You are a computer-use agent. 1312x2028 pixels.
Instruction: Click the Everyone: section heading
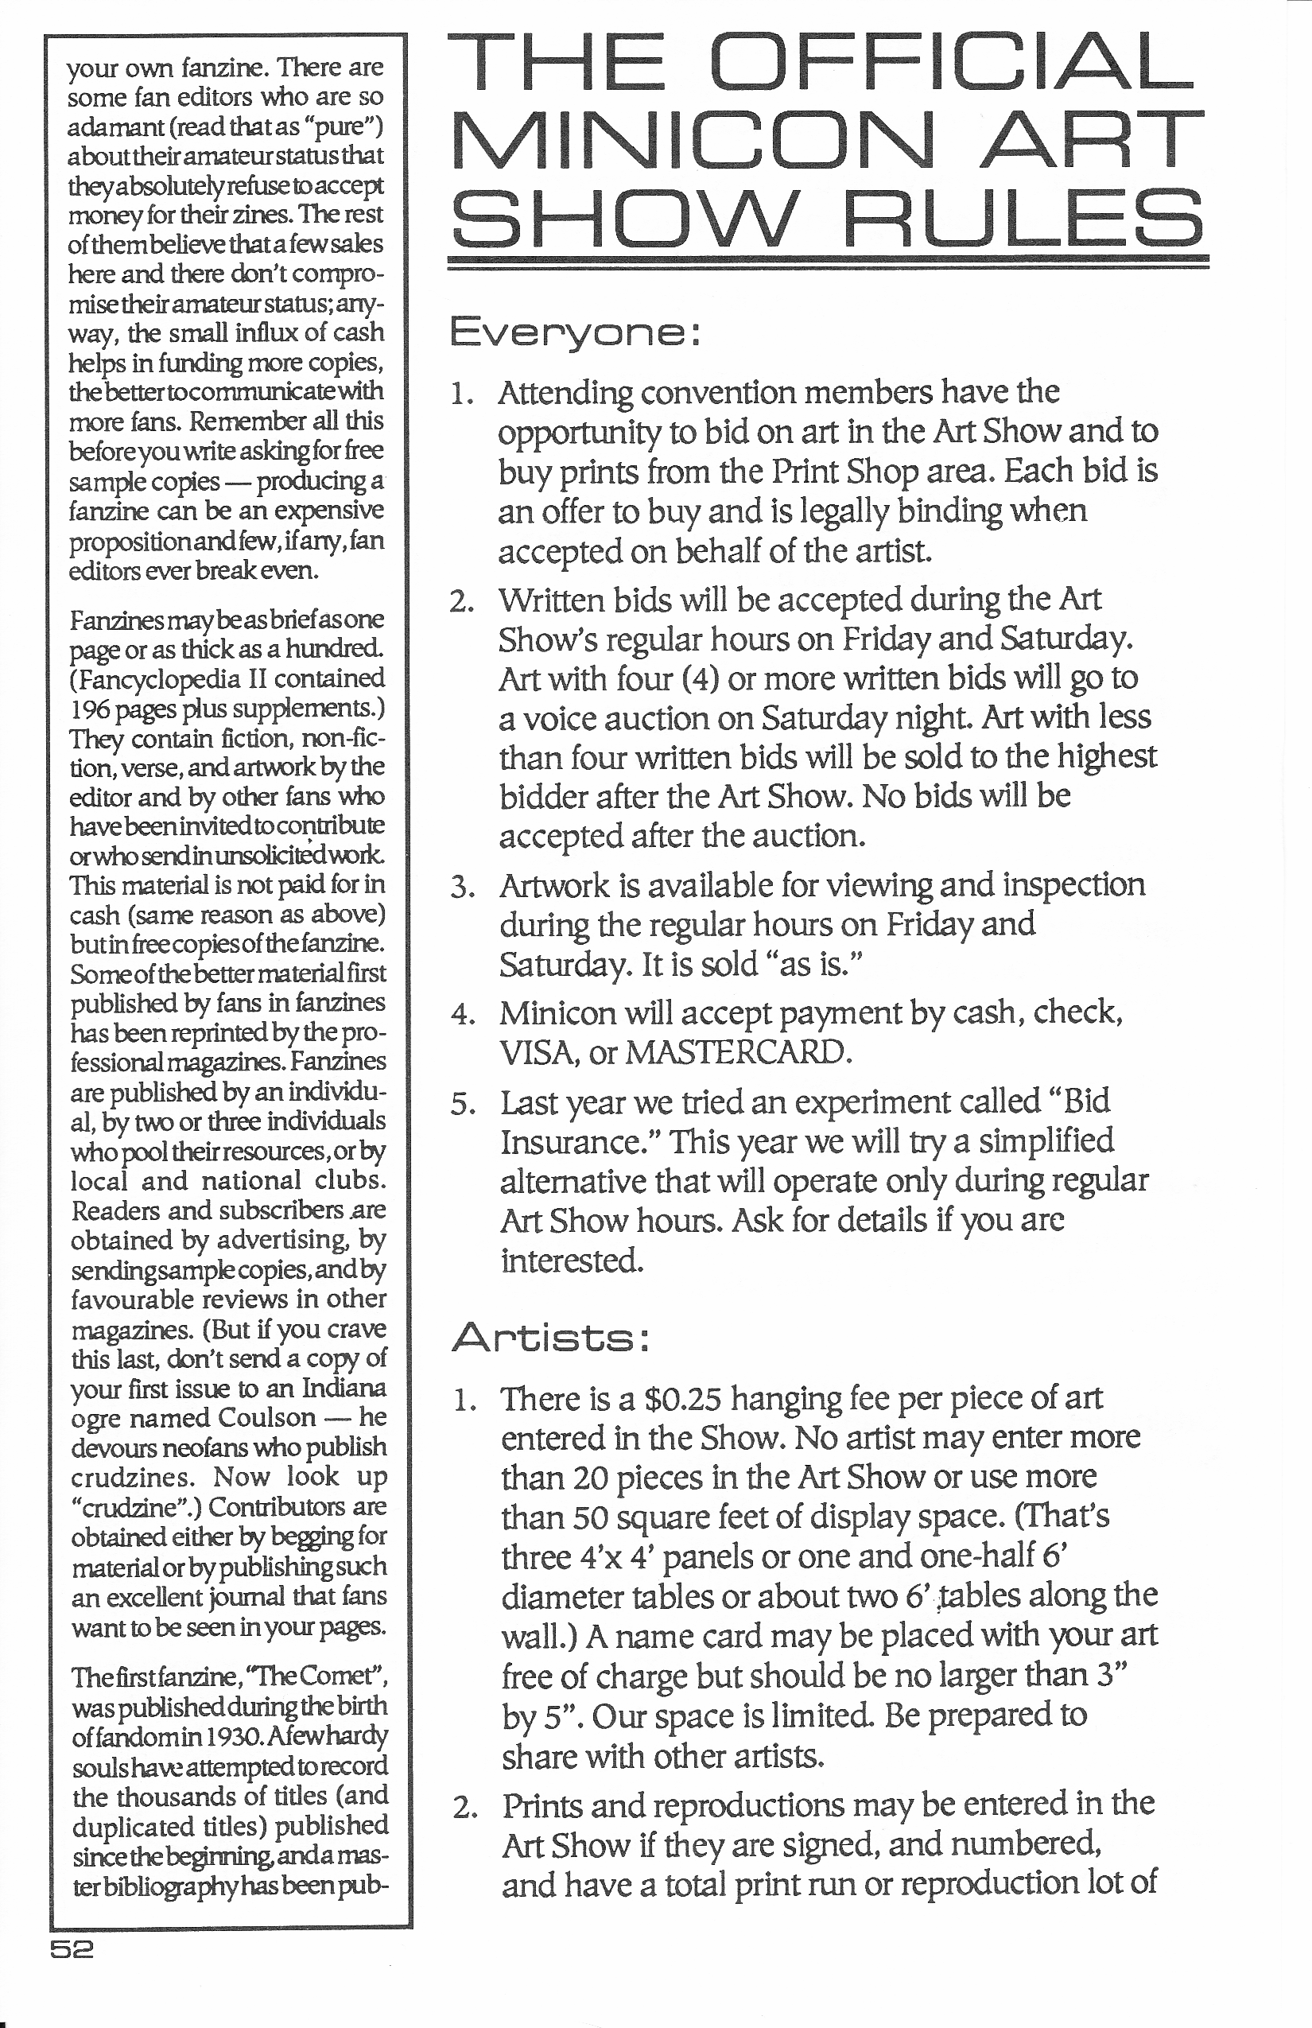pos(574,331)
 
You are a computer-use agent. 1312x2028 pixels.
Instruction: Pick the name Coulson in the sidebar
pos(266,1417)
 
